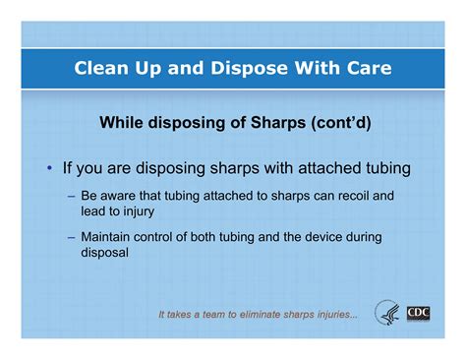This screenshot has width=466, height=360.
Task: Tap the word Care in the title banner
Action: (x=363, y=69)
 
